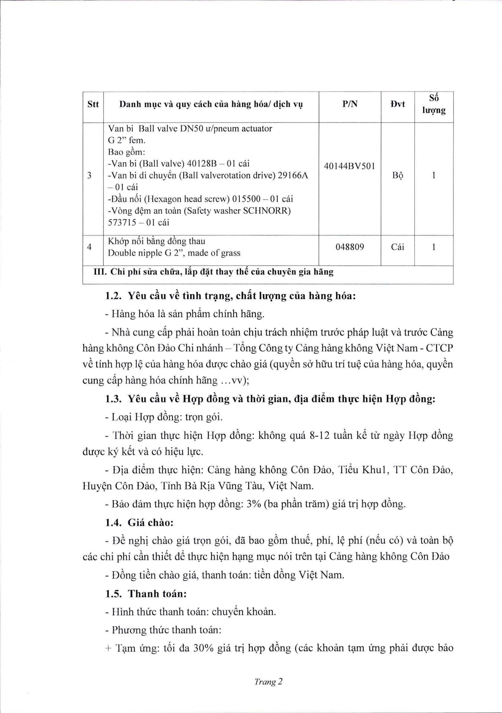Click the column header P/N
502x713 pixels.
point(350,104)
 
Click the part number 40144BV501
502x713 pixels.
point(350,166)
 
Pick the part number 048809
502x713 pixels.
point(350,247)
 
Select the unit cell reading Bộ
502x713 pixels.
point(397,176)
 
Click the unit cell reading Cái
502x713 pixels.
point(397,247)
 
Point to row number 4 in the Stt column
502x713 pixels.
point(90,247)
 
